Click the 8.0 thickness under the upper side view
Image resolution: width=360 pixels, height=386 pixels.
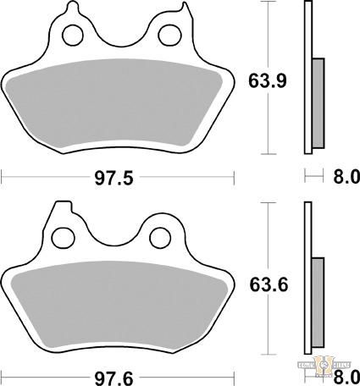coord(344,177)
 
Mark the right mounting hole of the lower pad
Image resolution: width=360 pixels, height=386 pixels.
coord(159,235)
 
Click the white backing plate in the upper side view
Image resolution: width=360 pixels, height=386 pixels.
coord(307,76)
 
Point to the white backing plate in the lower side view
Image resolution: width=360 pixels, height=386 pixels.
coord(307,279)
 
